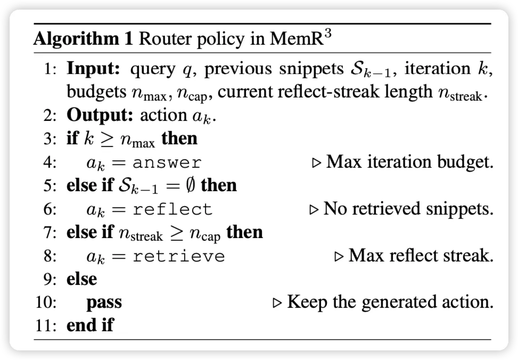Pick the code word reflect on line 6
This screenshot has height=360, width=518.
pyautogui.click(x=172, y=209)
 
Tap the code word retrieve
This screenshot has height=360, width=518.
pyautogui.click(x=179, y=256)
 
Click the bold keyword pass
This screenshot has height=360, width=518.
pyautogui.click(x=104, y=302)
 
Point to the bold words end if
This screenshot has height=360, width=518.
pyautogui.click(x=89, y=325)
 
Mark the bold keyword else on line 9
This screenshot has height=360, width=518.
pyautogui.click(x=81, y=279)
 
